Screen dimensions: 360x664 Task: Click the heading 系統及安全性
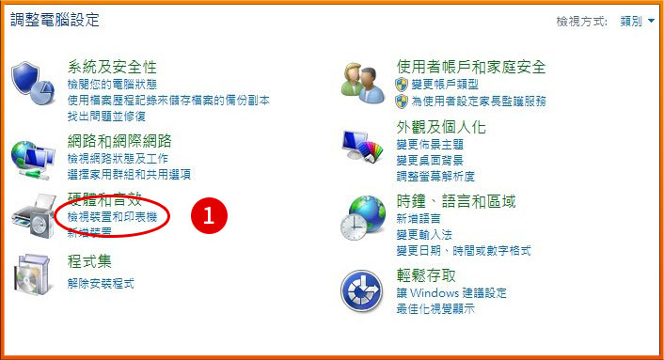click(x=112, y=67)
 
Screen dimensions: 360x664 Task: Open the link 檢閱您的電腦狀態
click(x=109, y=85)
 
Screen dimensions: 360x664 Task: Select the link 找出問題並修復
click(x=106, y=116)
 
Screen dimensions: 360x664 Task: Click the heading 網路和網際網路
click(x=119, y=141)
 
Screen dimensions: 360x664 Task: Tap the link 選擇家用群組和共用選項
click(x=129, y=174)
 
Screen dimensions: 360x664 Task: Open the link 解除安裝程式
click(x=101, y=283)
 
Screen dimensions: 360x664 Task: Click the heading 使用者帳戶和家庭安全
click(x=471, y=67)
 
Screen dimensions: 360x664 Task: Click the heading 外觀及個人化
click(x=441, y=127)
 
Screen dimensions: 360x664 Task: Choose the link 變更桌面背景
click(x=430, y=161)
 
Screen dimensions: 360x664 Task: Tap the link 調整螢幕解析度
click(x=435, y=176)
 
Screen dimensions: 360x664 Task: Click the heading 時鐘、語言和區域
click(x=456, y=201)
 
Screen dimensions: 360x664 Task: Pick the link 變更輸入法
click(x=424, y=235)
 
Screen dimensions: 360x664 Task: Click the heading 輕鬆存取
click(x=426, y=275)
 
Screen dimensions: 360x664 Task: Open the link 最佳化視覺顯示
click(x=435, y=308)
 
